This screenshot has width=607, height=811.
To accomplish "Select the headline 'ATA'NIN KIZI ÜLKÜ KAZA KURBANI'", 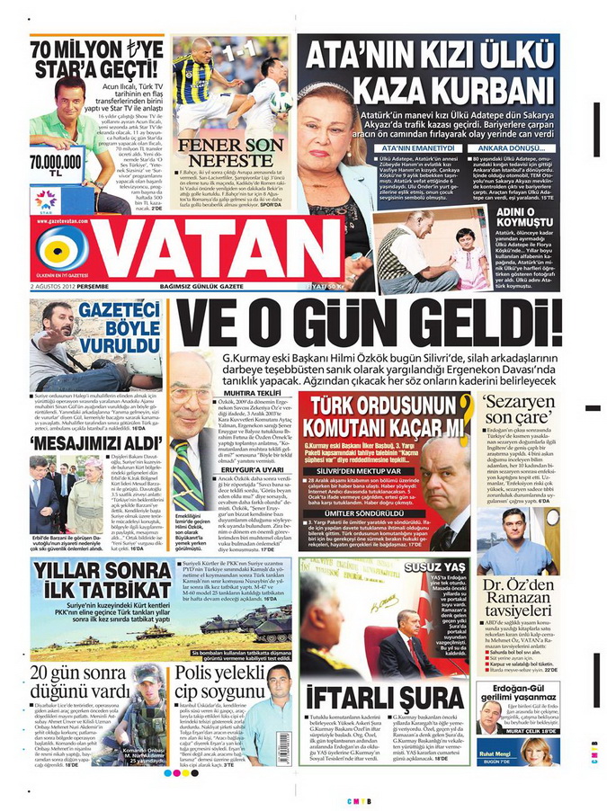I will point(429,73).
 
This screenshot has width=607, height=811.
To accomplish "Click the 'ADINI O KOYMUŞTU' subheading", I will point(521,217).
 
